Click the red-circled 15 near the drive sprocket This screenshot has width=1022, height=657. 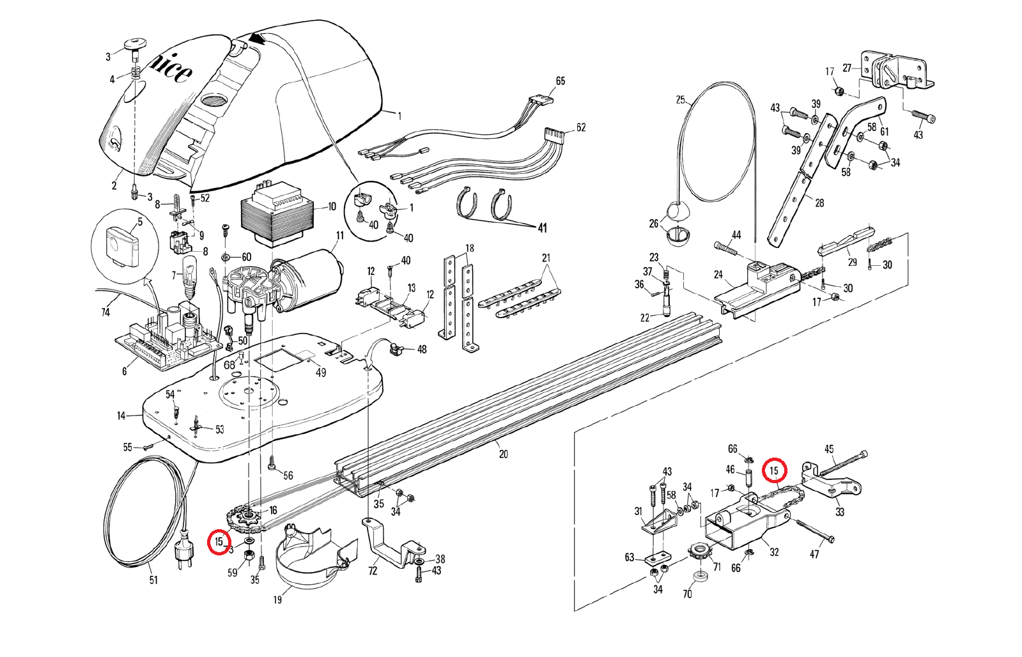click(219, 542)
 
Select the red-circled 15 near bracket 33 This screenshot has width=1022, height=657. click(775, 471)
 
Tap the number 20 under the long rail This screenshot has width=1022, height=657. click(504, 454)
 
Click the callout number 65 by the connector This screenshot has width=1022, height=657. click(561, 81)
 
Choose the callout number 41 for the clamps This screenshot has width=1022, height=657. click(543, 228)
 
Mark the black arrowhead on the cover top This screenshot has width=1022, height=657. click(258, 39)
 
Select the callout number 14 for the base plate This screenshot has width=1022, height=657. click(121, 416)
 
